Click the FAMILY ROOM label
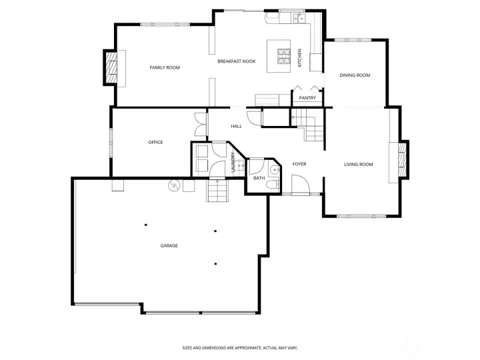click(164, 67)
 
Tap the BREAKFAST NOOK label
click(237, 61)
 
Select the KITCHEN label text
click(300, 57)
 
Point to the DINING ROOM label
click(355, 75)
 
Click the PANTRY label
click(307, 98)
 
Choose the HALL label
click(236, 126)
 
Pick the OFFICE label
click(155, 142)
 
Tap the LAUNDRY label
click(233, 163)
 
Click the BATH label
click(259, 178)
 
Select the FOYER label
click(299, 164)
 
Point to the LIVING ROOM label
click(358, 164)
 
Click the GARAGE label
click(169, 245)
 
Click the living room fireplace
click(401, 161)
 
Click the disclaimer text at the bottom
click(240, 347)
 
